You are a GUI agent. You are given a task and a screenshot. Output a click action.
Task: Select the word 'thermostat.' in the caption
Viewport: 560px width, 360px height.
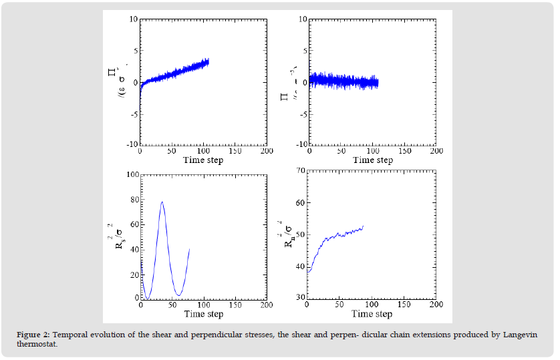click(x=39, y=344)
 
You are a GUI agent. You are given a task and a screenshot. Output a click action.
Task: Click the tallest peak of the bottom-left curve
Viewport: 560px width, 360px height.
click(x=162, y=202)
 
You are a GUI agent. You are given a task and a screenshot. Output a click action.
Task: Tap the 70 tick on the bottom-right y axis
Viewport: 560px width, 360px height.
click(x=299, y=171)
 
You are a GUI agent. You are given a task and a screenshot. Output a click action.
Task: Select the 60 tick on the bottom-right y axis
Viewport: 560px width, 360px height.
click(x=299, y=202)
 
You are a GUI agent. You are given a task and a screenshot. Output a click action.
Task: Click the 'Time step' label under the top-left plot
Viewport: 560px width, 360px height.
click(x=203, y=160)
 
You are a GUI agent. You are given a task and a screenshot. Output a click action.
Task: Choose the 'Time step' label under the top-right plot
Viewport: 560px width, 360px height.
click(x=373, y=160)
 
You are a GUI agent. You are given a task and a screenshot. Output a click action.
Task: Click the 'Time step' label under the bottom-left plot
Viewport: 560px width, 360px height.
click(x=203, y=314)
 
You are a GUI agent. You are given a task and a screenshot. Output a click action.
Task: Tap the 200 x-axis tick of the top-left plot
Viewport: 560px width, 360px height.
click(x=267, y=151)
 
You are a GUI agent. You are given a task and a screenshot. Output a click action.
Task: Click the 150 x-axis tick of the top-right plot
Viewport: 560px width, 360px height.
click(x=404, y=151)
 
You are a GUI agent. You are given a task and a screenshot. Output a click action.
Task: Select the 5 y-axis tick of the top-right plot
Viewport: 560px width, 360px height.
click(x=302, y=51)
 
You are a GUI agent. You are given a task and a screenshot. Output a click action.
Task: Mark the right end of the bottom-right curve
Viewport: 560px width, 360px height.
click(x=363, y=226)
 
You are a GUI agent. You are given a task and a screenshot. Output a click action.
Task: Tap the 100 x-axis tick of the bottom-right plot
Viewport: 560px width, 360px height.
click(x=373, y=305)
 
